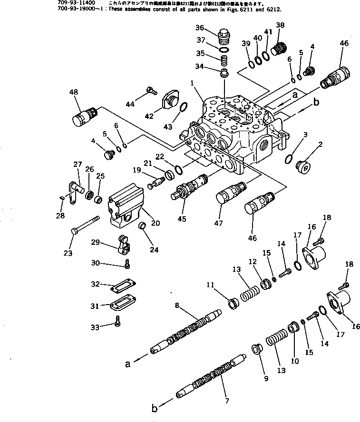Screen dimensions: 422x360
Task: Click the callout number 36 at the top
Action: [x=212, y=27]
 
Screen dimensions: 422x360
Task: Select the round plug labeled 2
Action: [x=302, y=166]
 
